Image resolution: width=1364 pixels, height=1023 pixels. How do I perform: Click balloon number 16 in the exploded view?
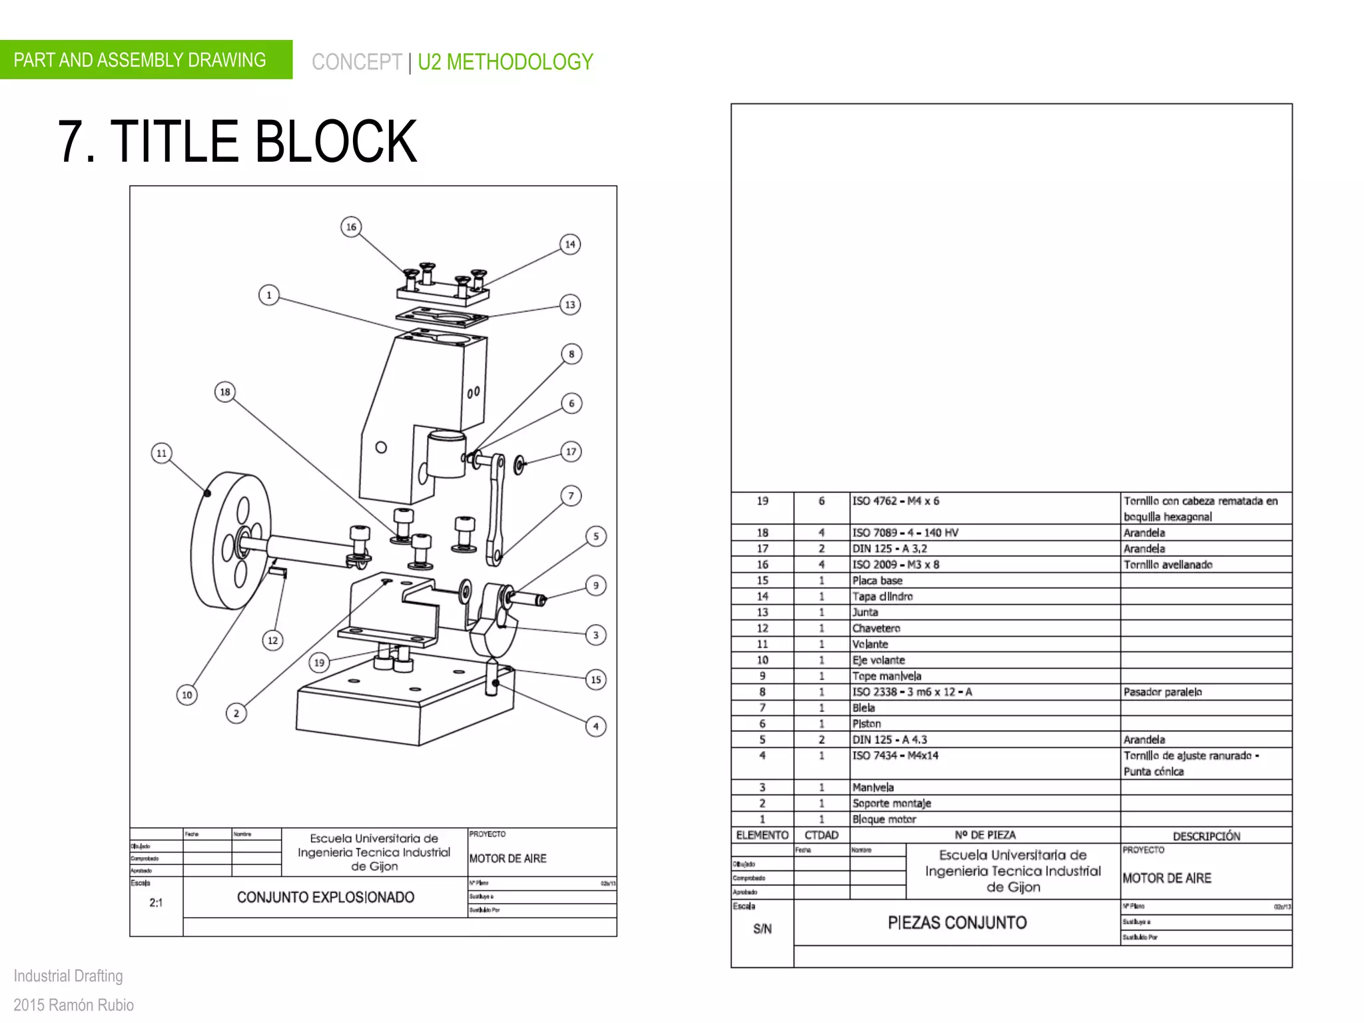pos(351,226)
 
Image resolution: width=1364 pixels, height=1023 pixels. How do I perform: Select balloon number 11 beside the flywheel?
pos(161,453)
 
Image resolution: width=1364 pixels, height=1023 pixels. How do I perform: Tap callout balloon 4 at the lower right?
pos(595,726)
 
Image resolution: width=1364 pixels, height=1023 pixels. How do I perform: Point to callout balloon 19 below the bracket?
pos(319,662)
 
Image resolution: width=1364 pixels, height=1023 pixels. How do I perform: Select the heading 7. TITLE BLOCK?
pos(237,141)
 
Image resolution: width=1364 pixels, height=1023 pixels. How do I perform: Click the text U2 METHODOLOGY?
pos(505,62)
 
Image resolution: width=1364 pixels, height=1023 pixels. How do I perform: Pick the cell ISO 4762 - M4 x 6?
pos(896,501)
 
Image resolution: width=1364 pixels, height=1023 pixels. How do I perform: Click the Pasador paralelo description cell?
pos(1162,692)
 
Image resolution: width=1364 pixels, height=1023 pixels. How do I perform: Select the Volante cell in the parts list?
pos(870,644)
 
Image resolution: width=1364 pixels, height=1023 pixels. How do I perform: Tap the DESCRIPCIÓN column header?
pos(1205,836)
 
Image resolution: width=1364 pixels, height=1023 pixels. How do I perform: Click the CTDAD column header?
pos(821,835)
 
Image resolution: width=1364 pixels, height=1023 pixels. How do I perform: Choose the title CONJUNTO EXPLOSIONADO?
pos(325,897)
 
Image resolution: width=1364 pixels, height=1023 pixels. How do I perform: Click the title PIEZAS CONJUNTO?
pos(956,922)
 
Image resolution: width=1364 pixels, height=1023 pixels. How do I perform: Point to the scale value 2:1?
pos(156,902)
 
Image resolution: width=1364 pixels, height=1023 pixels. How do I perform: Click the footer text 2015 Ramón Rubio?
pos(73,1004)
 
